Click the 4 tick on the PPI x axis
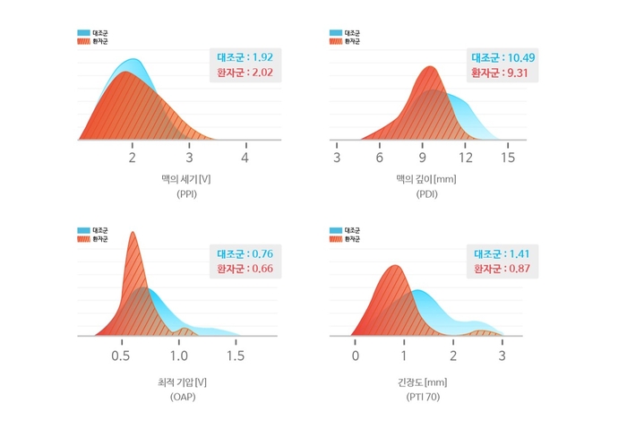tap(245, 158)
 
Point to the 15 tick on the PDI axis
tap(508, 158)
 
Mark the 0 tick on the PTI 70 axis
tap(356, 356)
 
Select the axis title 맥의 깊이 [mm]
tap(426, 179)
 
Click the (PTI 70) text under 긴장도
tap(426, 397)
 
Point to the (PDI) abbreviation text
tap(426, 193)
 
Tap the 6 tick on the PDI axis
tap(380, 158)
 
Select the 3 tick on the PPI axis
tap(188, 158)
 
